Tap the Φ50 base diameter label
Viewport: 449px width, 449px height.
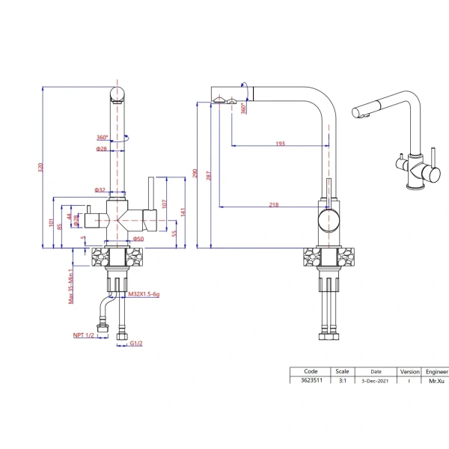point(138,239)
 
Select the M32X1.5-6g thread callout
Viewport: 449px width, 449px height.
point(144,296)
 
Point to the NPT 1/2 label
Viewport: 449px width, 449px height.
point(84,336)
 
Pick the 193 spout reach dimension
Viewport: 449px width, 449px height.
point(280,143)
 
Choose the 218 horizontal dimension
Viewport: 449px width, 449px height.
point(274,204)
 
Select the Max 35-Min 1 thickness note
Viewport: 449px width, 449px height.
point(71,286)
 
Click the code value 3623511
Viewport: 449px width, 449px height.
point(311,381)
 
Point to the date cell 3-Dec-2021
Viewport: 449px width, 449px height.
point(376,381)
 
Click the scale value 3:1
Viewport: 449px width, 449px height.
point(342,381)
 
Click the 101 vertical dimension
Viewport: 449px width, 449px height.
point(50,222)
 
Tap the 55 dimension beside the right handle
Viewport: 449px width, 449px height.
point(174,233)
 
